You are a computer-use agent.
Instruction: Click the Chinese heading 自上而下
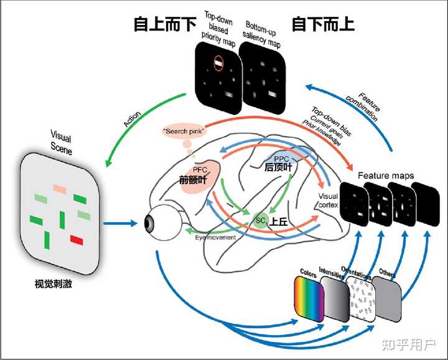point(165,24)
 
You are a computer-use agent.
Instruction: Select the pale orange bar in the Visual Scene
point(60,188)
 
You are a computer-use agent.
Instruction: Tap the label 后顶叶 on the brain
point(278,167)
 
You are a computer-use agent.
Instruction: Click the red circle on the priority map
point(218,62)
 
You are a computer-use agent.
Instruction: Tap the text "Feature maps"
point(385,176)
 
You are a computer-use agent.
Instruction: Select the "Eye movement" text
point(216,237)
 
